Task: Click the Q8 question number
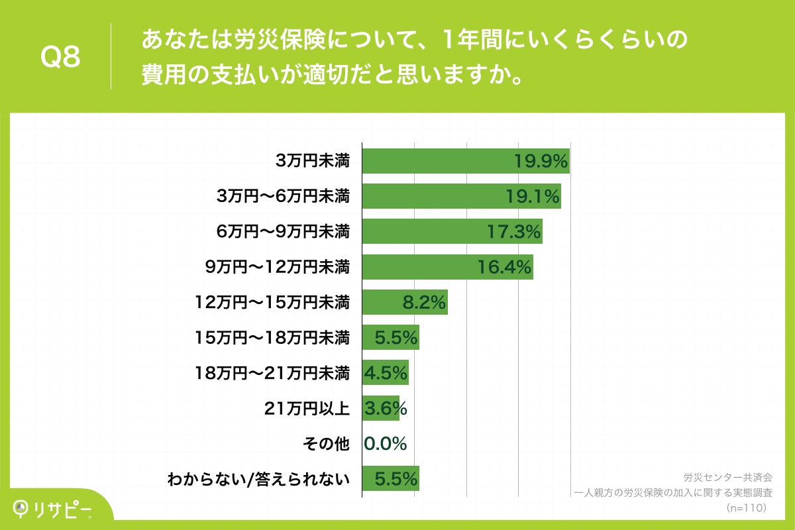pos(60,57)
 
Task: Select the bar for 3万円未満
pos(437,161)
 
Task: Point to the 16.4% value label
pos(505,267)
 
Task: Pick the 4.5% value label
pos(385,373)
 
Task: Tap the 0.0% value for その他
pos(385,444)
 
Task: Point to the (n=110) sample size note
pos(746,507)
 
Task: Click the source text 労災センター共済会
pos(727,477)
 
